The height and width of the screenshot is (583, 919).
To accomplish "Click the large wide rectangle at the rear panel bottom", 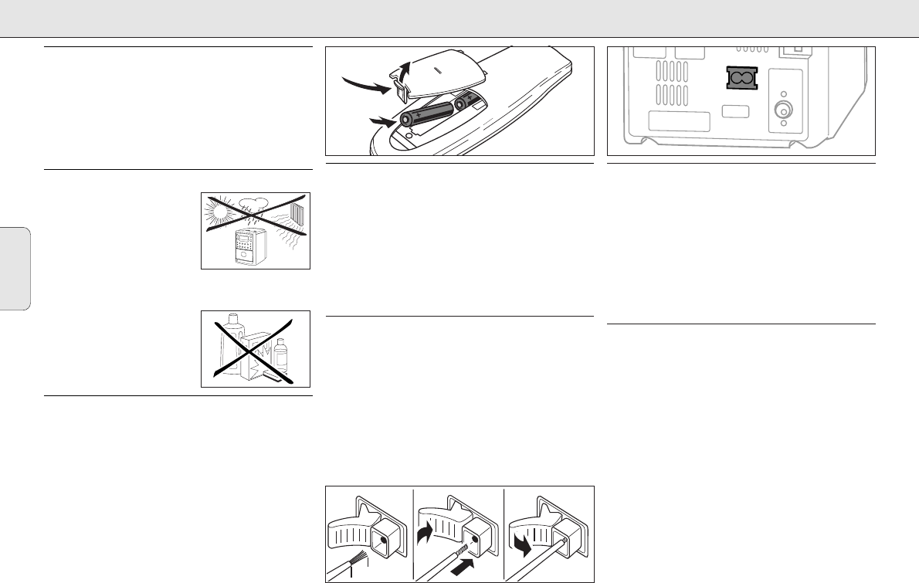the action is [x=678, y=122].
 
